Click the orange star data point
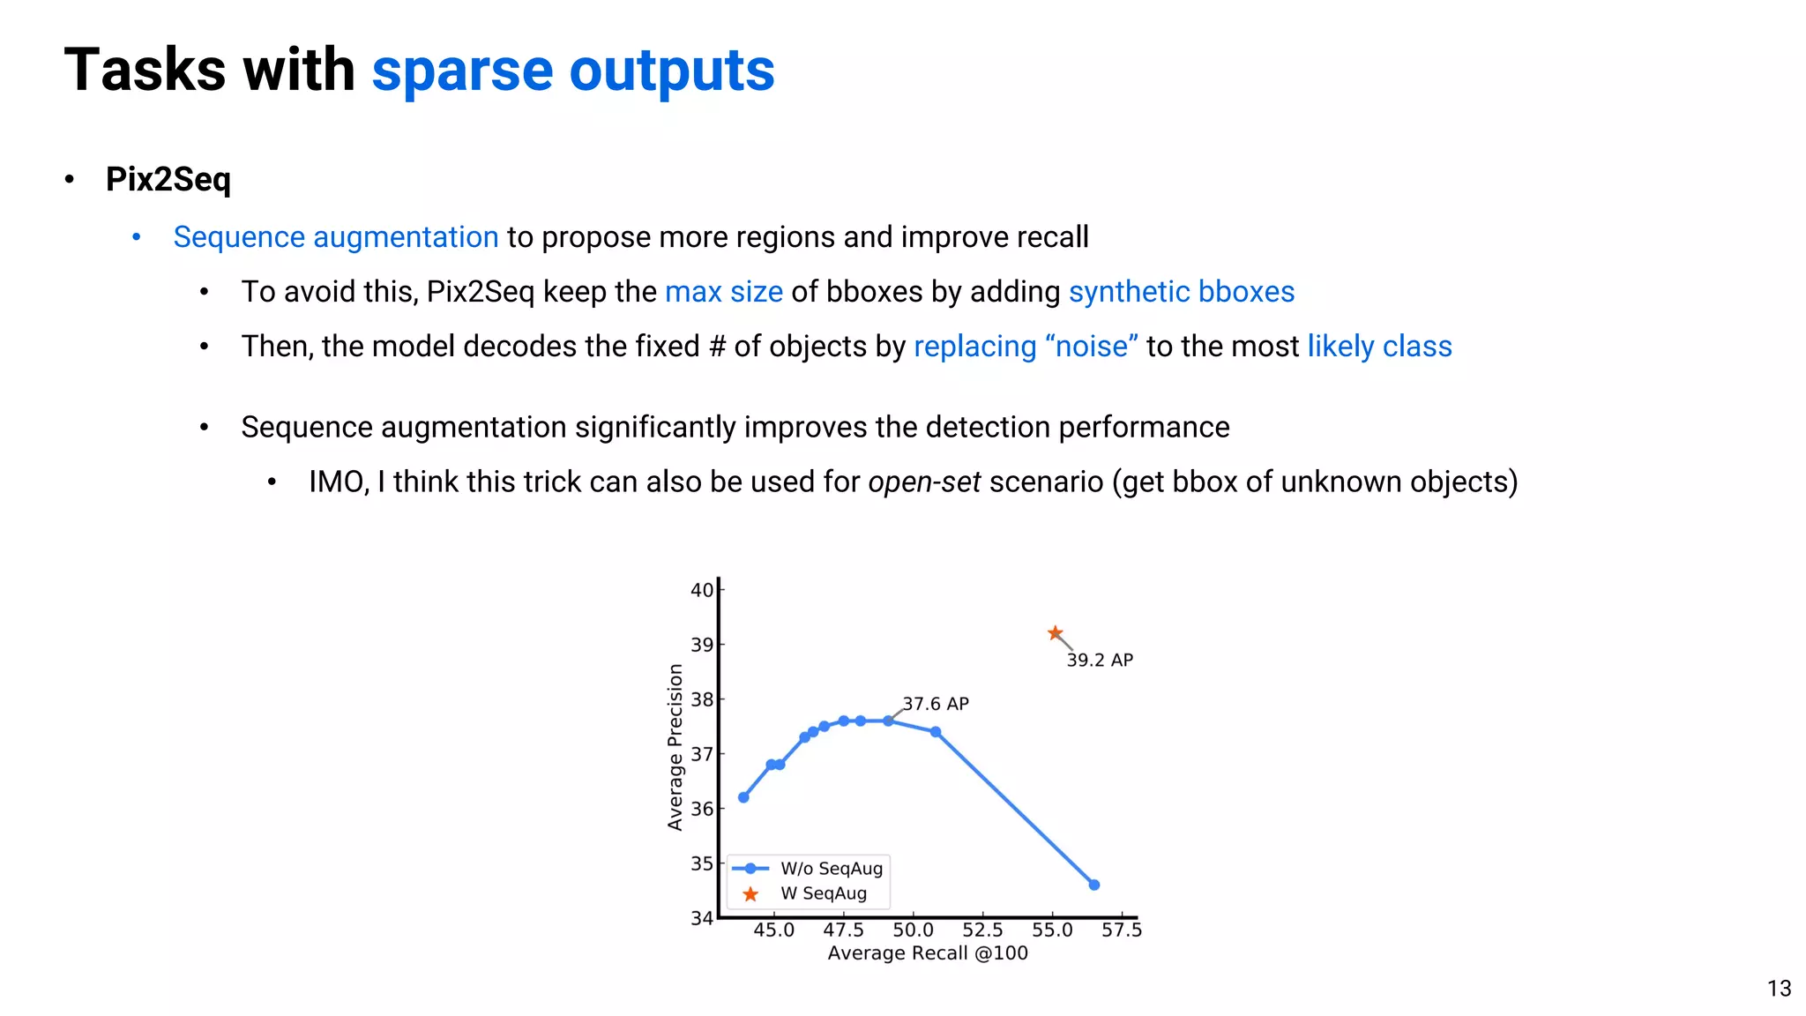(1055, 633)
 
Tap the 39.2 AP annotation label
(1100, 660)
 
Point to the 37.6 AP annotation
(936, 704)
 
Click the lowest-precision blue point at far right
(1094, 885)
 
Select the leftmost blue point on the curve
(743, 797)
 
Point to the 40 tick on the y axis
(701, 590)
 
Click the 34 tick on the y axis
(701, 918)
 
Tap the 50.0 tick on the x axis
(913, 930)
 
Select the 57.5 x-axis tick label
(1121, 930)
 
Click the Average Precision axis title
(675, 747)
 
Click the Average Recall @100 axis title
(928, 953)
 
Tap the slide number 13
(1779, 989)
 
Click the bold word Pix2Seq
(168, 179)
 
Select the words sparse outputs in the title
(572, 71)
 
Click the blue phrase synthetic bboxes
(1181, 292)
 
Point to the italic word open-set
(923, 482)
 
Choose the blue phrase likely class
(1378, 347)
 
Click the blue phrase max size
(723, 292)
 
